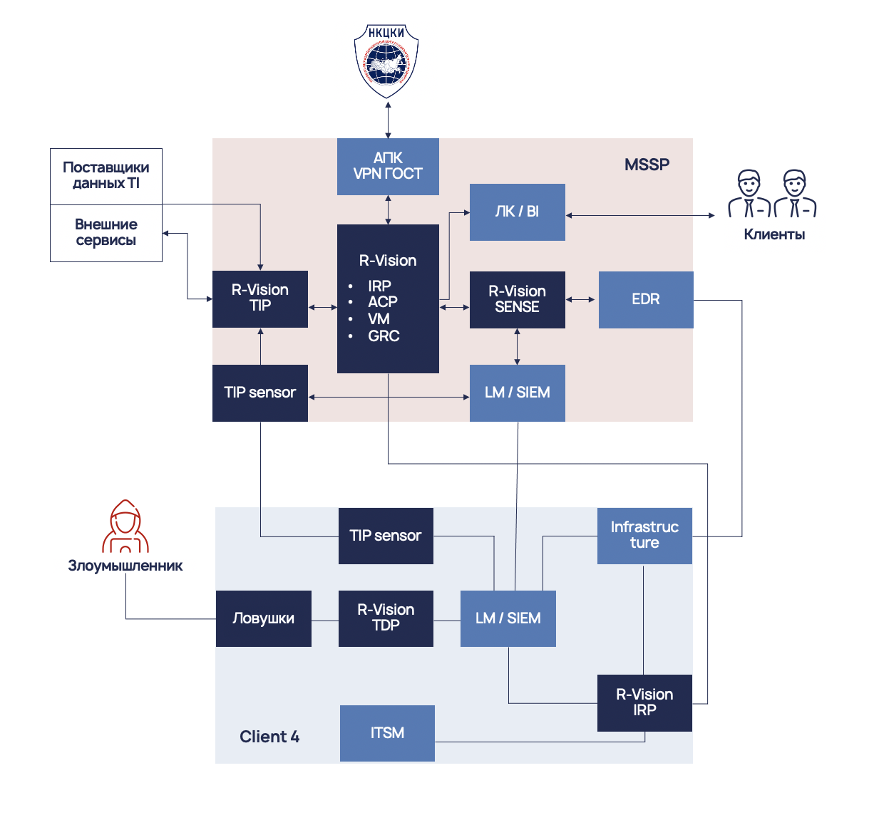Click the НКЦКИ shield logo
point(386,61)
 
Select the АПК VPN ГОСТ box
point(388,166)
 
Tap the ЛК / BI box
point(517,212)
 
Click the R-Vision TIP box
point(260,299)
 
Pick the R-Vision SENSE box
point(517,299)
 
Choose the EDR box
point(645,299)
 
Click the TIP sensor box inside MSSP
point(260,393)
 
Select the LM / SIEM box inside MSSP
point(517,393)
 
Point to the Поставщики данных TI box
point(106,176)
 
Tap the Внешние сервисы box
point(106,233)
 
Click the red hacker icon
point(125,526)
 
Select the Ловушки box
point(263,618)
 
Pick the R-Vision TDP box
point(386,618)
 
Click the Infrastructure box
point(644,536)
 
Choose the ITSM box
point(387,733)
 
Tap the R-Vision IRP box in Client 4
point(644,702)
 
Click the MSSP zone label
point(647,165)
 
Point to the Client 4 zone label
point(269,737)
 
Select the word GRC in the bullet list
point(384,336)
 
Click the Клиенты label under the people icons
point(774,234)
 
